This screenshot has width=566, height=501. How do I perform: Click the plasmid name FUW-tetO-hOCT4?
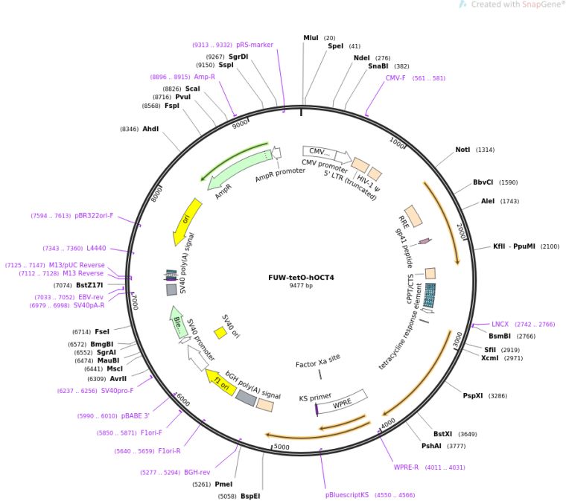301,278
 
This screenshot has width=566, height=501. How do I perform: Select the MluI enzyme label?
310,38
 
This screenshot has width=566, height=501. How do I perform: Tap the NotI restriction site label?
462,150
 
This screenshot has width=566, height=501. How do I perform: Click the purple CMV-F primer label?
395,77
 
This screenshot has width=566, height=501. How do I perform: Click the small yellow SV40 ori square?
220,334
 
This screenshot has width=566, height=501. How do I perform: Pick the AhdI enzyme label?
150,129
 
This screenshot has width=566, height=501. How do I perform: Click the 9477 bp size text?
301,286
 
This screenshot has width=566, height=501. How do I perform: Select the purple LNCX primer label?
500,325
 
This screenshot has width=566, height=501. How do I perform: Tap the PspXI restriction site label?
473,395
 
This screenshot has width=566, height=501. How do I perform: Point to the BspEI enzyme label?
249,496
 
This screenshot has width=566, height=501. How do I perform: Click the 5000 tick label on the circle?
282,447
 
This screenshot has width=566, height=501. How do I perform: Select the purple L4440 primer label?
96,248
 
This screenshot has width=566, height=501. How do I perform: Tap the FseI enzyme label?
101,331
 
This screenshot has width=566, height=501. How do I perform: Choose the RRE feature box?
413,217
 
